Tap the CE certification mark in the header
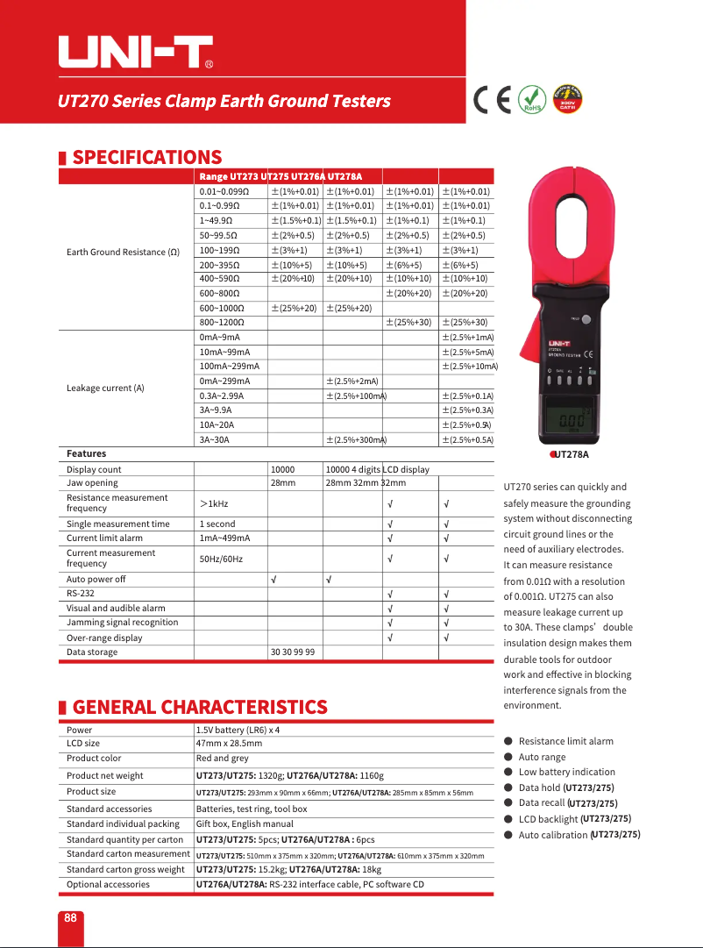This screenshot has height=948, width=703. (x=492, y=100)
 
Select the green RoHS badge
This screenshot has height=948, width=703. (x=530, y=100)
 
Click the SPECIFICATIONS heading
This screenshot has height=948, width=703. (x=146, y=158)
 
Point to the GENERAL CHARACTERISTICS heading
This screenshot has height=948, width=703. (x=199, y=707)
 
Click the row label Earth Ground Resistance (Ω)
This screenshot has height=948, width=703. (x=124, y=253)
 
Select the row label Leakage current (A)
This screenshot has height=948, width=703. (x=105, y=388)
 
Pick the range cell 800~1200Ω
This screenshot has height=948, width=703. (x=222, y=323)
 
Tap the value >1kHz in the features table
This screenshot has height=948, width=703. (x=214, y=503)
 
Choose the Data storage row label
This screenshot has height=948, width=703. (x=92, y=652)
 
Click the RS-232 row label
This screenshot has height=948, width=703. (x=81, y=594)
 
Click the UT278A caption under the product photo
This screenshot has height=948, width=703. (x=571, y=454)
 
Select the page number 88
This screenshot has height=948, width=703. (x=70, y=917)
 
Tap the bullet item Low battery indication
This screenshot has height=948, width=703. (x=566, y=773)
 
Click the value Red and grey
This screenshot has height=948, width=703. (x=222, y=759)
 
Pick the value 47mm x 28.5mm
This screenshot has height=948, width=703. (x=229, y=744)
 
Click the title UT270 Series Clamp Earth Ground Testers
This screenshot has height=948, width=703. (x=224, y=101)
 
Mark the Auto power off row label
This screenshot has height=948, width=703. (x=96, y=579)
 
